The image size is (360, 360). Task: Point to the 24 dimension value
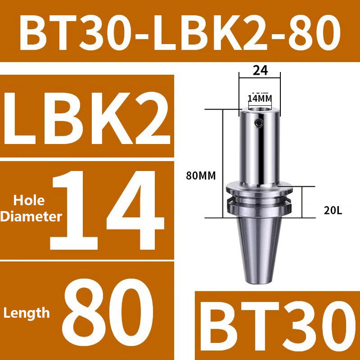tap(260, 70)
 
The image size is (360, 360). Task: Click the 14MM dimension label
tap(260, 98)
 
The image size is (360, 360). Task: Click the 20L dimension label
tap(333, 209)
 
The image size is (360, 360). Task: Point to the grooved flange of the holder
tap(259, 200)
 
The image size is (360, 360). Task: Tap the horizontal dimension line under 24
tap(260, 79)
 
